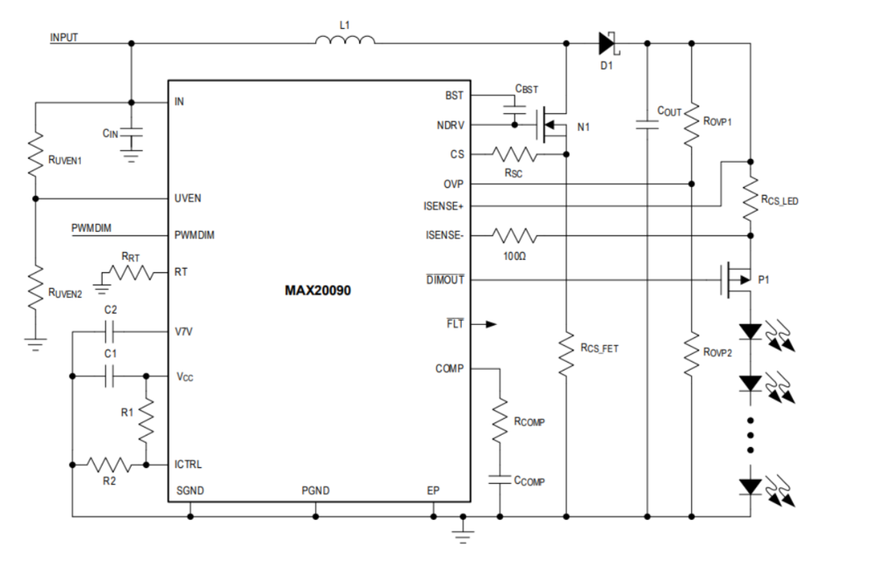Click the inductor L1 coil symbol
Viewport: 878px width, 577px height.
point(345,40)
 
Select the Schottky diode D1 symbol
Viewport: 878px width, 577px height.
point(607,42)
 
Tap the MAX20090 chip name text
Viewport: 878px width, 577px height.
point(317,290)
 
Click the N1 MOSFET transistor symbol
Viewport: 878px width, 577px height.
point(551,125)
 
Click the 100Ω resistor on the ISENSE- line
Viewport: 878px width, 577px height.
point(515,235)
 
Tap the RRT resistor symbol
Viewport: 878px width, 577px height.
point(129,274)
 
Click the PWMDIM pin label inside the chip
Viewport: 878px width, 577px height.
point(195,236)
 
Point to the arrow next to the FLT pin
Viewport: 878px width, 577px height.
point(488,324)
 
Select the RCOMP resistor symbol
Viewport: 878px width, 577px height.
point(500,421)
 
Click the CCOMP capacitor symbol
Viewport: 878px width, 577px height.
point(500,480)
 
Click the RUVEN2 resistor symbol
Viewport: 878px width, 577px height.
point(34,288)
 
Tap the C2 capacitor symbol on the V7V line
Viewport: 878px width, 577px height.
point(111,331)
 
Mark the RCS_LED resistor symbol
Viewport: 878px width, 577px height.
point(751,200)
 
